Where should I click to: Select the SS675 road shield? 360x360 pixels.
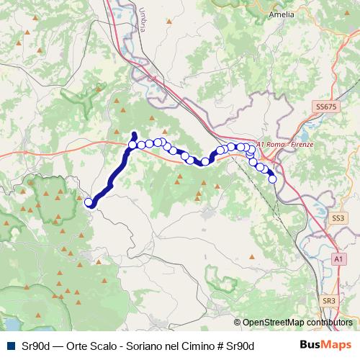pyautogui.click(x=325, y=107)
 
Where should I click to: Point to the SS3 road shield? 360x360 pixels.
pyautogui.click(x=338, y=217)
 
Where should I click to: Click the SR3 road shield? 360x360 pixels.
pyautogui.click(x=329, y=300)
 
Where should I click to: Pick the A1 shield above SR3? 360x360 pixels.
pyautogui.click(x=338, y=258)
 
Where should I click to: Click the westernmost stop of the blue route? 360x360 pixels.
pyautogui.click(x=89, y=202)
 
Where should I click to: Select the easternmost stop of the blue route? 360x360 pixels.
pyautogui.click(x=273, y=179)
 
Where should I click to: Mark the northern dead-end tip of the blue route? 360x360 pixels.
pyautogui.click(x=134, y=133)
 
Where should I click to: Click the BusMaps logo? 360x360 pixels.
pyautogui.click(x=325, y=346)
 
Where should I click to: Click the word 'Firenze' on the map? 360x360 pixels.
pyautogui.click(x=304, y=145)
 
